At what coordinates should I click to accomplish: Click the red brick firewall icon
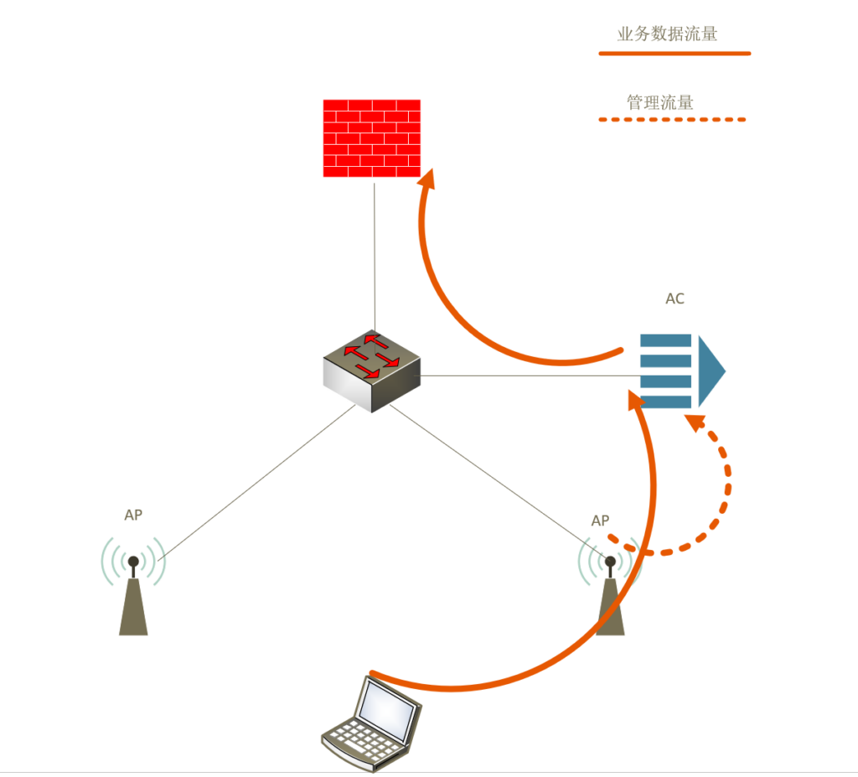(372, 138)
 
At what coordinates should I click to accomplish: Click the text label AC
(675, 299)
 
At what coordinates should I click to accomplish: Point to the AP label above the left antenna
(133, 515)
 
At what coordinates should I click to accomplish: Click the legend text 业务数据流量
(667, 34)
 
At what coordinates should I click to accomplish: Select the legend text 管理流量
(660, 103)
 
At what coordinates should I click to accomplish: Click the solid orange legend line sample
(675, 54)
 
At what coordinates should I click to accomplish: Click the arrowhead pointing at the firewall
(427, 179)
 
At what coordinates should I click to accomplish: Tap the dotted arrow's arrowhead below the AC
(694, 421)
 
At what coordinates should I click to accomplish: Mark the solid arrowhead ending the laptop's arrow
(637, 399)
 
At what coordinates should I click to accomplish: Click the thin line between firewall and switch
(375, 251)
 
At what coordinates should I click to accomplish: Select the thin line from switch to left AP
(251, 486)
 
